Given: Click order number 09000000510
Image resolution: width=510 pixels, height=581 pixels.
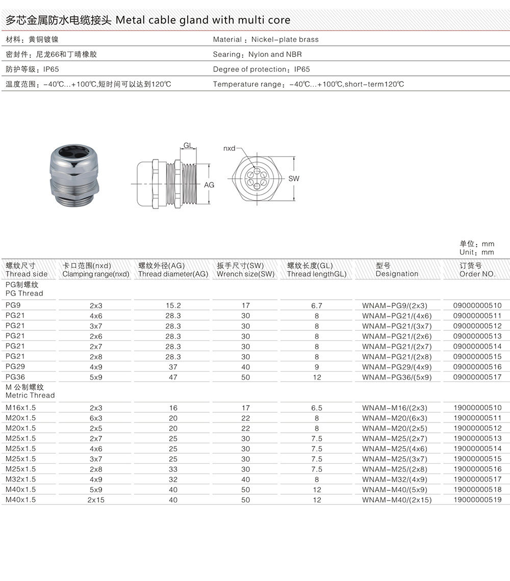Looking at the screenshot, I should [477, 306].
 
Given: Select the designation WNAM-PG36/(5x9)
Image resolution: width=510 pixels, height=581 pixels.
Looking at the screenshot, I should [397, 377].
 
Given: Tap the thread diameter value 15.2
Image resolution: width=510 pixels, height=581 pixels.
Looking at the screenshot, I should [173, 306].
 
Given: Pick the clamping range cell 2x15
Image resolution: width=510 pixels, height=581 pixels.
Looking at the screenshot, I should [96, 500].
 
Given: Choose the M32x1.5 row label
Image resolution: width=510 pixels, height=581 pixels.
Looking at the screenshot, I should [21, 480].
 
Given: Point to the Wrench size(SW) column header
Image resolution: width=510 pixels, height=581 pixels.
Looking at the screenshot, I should [245, 274].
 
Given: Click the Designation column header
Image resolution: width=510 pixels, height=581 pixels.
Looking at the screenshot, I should [397, 274].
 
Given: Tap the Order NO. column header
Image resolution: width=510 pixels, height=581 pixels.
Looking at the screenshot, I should [477, 274].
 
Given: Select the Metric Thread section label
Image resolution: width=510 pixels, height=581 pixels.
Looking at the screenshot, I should [30, 395].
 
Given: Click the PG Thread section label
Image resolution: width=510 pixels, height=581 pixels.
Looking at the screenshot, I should [24, 294].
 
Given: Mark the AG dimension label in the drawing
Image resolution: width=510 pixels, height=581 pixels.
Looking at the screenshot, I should [209, 185].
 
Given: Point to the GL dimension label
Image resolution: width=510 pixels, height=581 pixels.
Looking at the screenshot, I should [188, 146].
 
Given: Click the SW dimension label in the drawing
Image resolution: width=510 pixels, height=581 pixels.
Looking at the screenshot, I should [294, 179].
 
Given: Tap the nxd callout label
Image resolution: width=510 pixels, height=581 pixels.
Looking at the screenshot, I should [229, 148].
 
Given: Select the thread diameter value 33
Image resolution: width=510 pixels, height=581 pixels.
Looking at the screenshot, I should [173, 469].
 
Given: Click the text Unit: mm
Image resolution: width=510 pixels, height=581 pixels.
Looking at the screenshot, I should [476, 252].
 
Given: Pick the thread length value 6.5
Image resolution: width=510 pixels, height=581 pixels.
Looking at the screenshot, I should [317, 408].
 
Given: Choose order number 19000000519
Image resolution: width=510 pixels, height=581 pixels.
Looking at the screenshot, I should [477, 500].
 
